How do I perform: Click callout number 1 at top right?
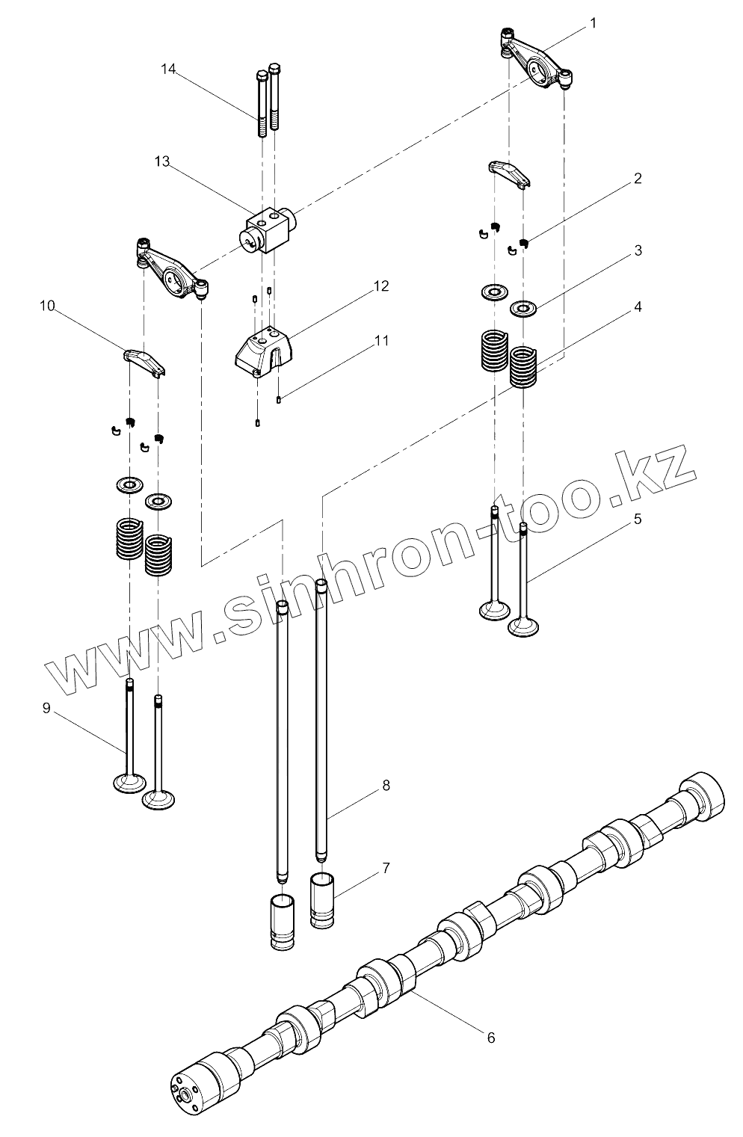tap(593, 23)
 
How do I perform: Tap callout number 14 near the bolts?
tap(168, 70)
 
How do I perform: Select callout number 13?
tap(162, 161)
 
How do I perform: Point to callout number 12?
tap(381, 286)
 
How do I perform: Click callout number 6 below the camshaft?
tap(490, 1037)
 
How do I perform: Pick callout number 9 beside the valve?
tap(46, 708)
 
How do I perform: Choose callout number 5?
tap(637, 519)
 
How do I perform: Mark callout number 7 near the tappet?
tap(386, 868)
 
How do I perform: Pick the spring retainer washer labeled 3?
tap(522, 308)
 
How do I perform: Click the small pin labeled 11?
tap(278, 399)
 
